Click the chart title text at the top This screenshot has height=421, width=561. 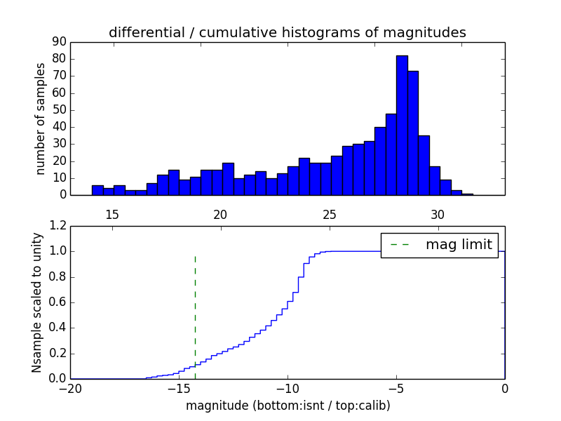click(x=288, y=32)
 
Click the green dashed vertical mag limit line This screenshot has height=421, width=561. click(x=195, y=316)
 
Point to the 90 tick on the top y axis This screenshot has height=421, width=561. click(x=59, y=41)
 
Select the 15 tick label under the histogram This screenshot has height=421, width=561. click(x=112, y=214)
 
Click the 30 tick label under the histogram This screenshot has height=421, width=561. click(x=438, y=214)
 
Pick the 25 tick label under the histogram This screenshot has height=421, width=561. click(x=330, y=214)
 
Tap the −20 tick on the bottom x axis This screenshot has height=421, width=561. click(x=70, y=389)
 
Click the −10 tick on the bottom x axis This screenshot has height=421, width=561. click(x=288, y=389)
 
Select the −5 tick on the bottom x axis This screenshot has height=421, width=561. click(x=396, y=389)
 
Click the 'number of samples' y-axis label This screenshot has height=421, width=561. click(x=41, y=118)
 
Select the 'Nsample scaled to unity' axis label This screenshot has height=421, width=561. click(x=36, y=302)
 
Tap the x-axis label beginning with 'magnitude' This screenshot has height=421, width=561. click(x=288, y=406)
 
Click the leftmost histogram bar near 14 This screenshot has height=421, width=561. click(x=97, y=190)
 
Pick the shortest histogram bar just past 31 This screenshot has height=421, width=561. click(x=467, y=194)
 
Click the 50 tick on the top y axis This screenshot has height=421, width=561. click(x=59, y=109)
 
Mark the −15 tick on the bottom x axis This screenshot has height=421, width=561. click(x=179, y=389)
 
